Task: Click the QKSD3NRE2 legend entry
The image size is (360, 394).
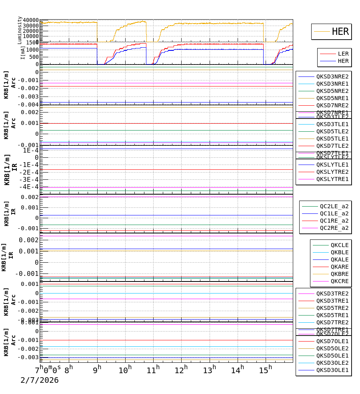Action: [332, 76]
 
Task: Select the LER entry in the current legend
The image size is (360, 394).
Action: [343, 54]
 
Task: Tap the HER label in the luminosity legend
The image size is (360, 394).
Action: [340, 32]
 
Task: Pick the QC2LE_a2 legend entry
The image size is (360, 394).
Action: [334, 206]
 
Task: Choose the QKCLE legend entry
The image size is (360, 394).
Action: [339, 245]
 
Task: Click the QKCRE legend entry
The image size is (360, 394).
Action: [339, 281]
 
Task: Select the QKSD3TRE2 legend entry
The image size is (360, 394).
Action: [332, 293]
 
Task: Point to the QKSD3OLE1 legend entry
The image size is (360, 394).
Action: [332, 370]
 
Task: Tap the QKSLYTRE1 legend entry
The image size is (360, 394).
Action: [332, 179]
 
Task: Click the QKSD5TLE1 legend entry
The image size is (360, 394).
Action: [332, 139]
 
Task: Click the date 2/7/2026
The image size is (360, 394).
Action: [40, 380]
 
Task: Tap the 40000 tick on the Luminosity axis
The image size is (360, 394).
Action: [31, 20]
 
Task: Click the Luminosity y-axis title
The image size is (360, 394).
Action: [20, 30]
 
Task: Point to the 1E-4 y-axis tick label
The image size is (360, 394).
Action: [30, 150]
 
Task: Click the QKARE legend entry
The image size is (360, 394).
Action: [339, 267]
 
